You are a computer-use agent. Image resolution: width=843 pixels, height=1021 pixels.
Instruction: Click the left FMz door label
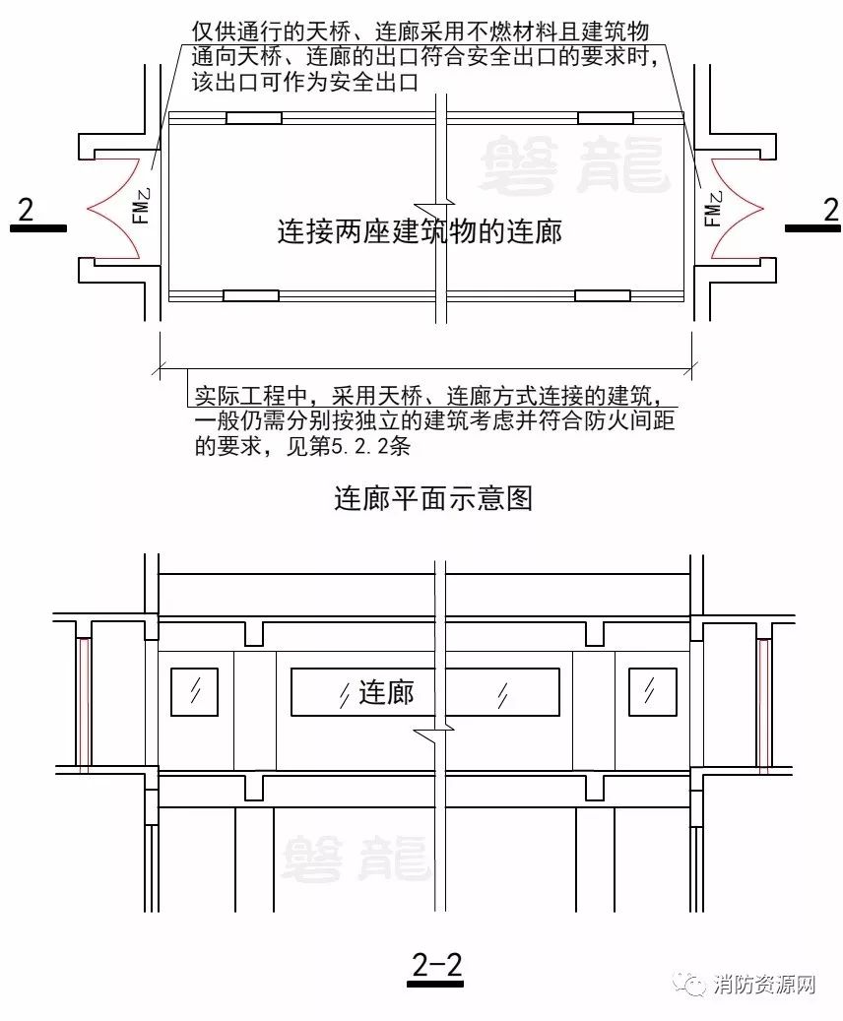pos(142,206)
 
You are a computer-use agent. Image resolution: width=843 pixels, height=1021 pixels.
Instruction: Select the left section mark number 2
pos(26,210)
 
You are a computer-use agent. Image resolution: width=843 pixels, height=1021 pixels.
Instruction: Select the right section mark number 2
pos(830,210)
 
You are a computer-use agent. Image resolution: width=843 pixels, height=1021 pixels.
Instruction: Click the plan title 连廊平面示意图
pos(433,499)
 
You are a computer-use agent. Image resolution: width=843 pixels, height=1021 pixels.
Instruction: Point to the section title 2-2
pos(436,964)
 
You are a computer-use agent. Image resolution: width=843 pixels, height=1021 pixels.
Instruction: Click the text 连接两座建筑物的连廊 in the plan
pos(420,231)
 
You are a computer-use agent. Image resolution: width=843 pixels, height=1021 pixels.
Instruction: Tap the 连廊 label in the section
pos(386,692)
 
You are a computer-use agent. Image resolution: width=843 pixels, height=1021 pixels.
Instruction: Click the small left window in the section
pos(194,691)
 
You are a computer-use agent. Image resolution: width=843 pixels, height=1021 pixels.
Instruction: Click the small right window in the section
pos(652,691)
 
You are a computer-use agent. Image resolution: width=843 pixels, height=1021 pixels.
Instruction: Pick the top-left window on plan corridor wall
pos(254,118)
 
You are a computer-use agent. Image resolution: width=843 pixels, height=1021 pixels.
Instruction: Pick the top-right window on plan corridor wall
pos(606,118)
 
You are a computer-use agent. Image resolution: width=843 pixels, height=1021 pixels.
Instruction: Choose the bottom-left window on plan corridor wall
pos(251,295)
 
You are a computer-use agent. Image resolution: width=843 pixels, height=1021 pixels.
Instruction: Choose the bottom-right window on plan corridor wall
pos(602,295)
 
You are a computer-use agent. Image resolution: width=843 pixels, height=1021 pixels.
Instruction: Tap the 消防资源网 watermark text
pos(764,985)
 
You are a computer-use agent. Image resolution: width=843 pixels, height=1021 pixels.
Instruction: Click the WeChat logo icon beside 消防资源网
pos(690,984)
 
